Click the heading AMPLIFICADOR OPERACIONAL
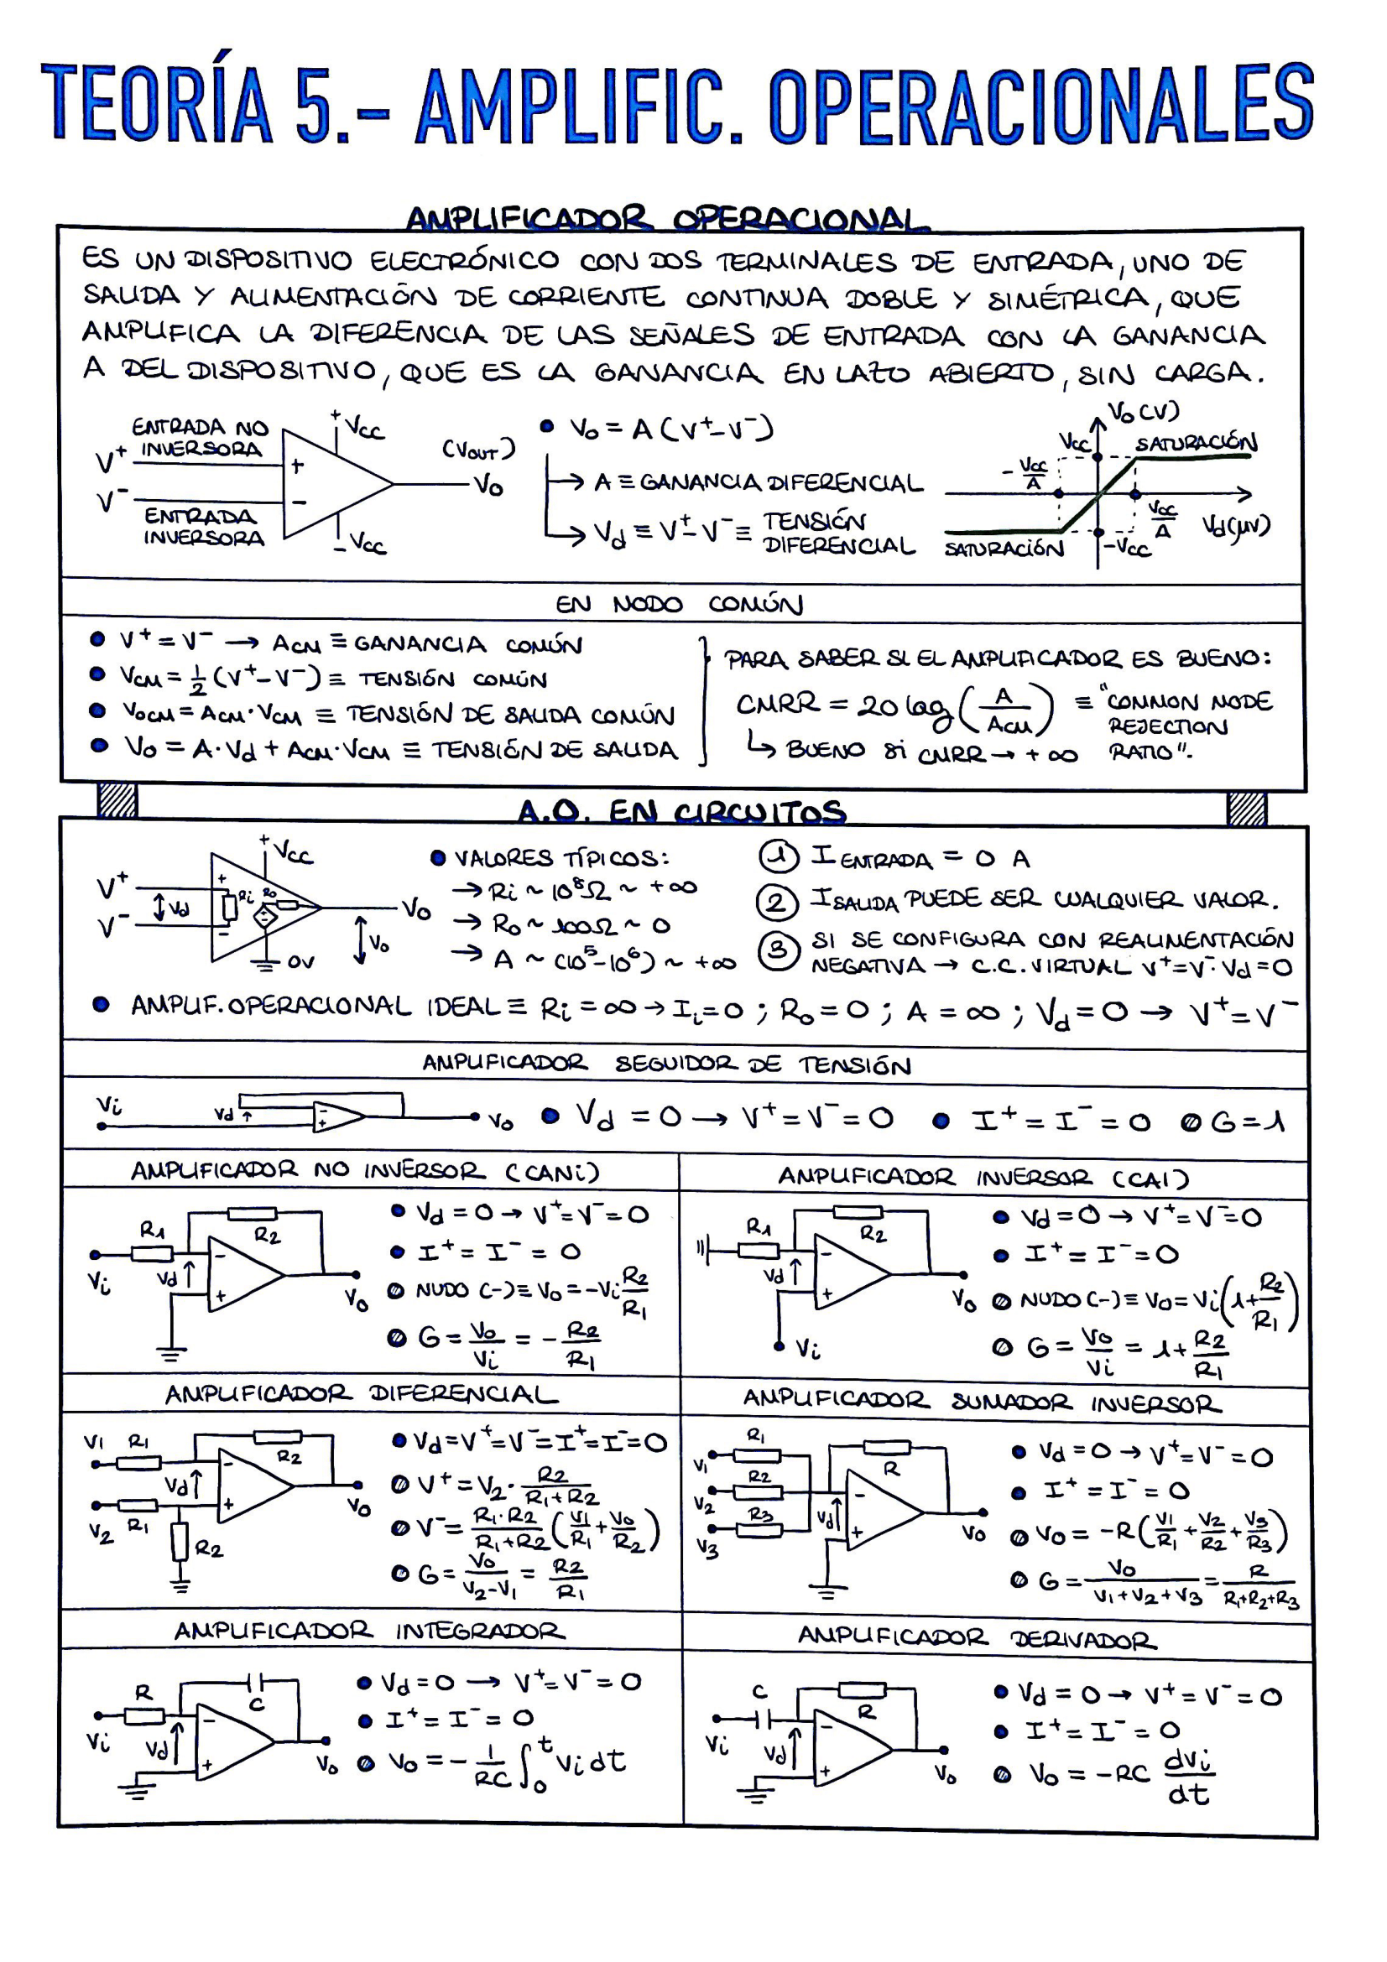(x=667, y=219)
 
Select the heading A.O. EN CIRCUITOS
(x=682, y=810)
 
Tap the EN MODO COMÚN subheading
(x=680, y=605)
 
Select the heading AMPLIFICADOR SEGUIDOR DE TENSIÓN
(x=666, y=1064)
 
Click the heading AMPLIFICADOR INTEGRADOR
(x=369, y=1631)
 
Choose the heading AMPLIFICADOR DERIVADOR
(x=977, y=1637)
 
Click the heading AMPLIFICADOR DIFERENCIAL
(x=361, y=1395)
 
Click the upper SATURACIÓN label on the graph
(x=1196, y=443)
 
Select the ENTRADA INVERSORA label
(x=203, y=527)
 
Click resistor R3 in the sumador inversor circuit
(x=759, y=1531)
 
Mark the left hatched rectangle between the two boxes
(x=117, y=801)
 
